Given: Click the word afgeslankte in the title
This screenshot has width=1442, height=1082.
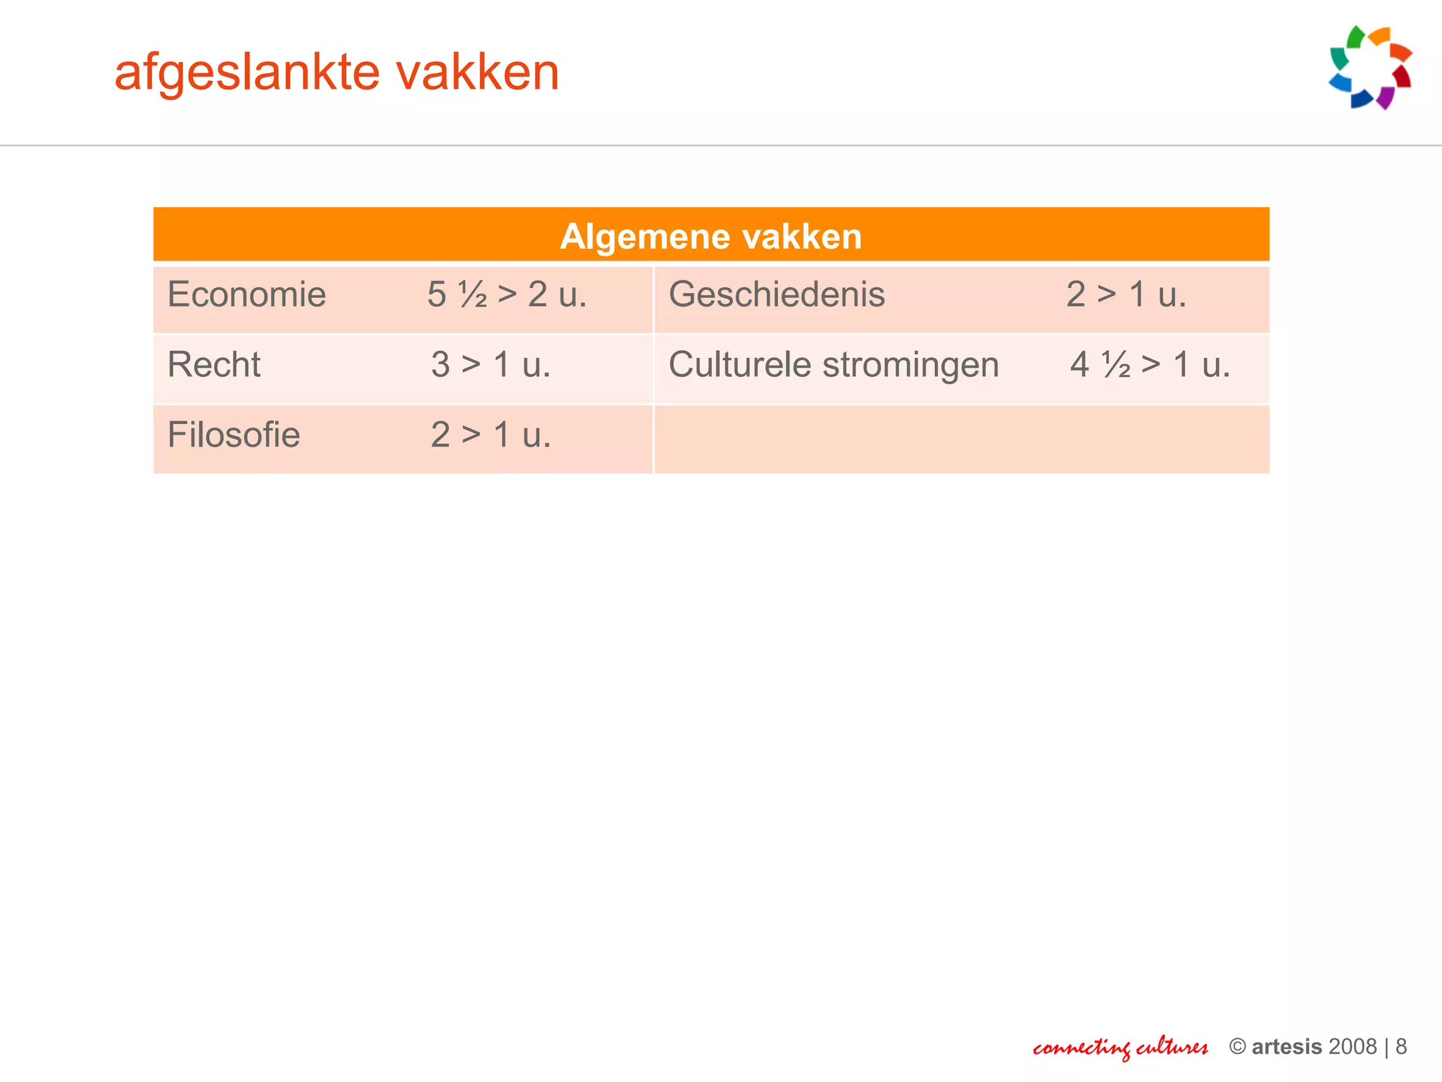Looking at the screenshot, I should pyautogui.click(x=247, y=73).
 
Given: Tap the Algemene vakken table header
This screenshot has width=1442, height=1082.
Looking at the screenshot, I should pyautogui.click(x=710, y=236).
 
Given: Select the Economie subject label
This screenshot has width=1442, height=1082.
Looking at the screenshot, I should pyautogui.click(x=246, y=294).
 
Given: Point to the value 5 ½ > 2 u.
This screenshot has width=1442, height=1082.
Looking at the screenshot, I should pyautogui.click(x=507, y=294).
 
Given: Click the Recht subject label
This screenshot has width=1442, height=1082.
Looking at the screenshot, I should pyautogui.click(x=214, y=365).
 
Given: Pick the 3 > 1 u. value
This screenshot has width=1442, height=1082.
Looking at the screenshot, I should pyautogui.click(x=491, y=365).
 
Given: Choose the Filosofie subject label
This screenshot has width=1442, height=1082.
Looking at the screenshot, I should pyautogui.click(x=234, y=435).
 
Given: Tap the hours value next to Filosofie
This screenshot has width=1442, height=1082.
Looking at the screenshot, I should pyautogui.click(x=491, y=435).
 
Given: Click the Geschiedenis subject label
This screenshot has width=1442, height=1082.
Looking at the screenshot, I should pyautogui.click(x=777, y=294).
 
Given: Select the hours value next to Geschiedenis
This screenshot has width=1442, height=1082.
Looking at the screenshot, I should pyautogui.click(x=1126, y=294).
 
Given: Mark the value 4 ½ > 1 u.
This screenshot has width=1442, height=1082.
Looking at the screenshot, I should pyautogui.click(x=1150, y=365).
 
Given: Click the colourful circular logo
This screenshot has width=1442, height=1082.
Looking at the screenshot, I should pyautogui.click(x=1370, y=68).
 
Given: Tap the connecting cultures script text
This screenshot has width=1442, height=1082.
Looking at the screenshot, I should pyautogui.click(x=1120, y=1047).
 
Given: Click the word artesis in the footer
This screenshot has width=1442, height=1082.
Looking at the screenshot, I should pyautogui.click(x=1286, y=1047).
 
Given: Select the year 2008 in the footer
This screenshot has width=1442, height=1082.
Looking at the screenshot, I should pyautogui.click(x=1353, y=1047).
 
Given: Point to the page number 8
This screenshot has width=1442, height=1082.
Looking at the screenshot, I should pyautogui.click(x=1401, y=1047).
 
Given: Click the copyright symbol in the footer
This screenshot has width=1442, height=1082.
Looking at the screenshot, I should pyautogui.click(x=1237, y=1047).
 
